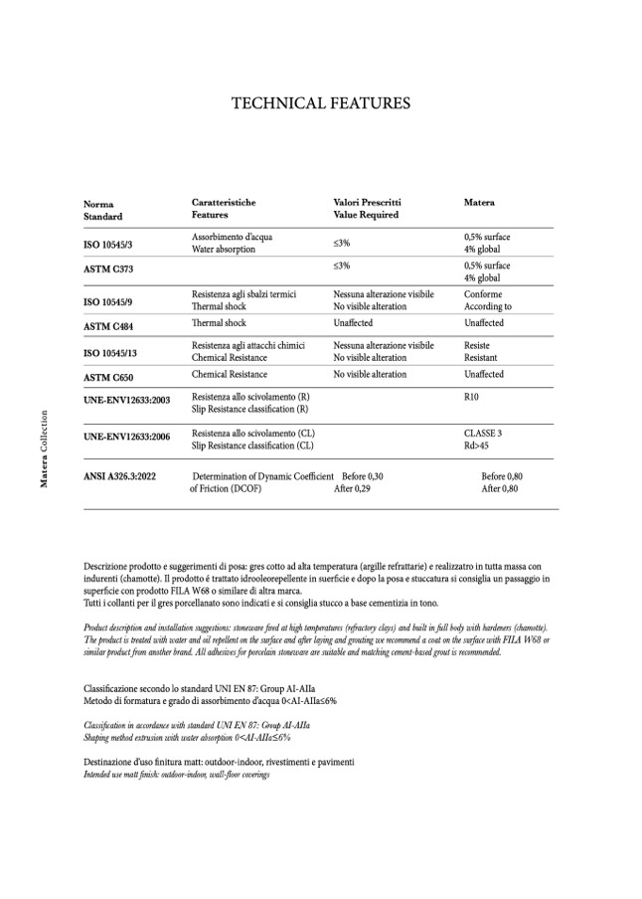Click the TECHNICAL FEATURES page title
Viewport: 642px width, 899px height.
(x=320, y=102)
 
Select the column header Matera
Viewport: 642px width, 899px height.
(x=479, y=203)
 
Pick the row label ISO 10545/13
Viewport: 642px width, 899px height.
(x=116, y=352)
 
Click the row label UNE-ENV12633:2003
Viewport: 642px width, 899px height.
(x=127, y=399)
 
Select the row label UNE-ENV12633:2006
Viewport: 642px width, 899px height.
(x=127, y=436)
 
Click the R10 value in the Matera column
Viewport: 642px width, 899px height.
(x=472, y=397)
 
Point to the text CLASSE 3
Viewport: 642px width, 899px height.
(x=483, y=434)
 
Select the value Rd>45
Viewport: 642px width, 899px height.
(x=477, y=446)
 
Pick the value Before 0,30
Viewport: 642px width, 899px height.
(x=363, y=476)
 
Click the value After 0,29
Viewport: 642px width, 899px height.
(x=352, y=488)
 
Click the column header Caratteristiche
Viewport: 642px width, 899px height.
(x=224, y=203)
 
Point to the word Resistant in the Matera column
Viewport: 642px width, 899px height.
(x=483, y=357)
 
